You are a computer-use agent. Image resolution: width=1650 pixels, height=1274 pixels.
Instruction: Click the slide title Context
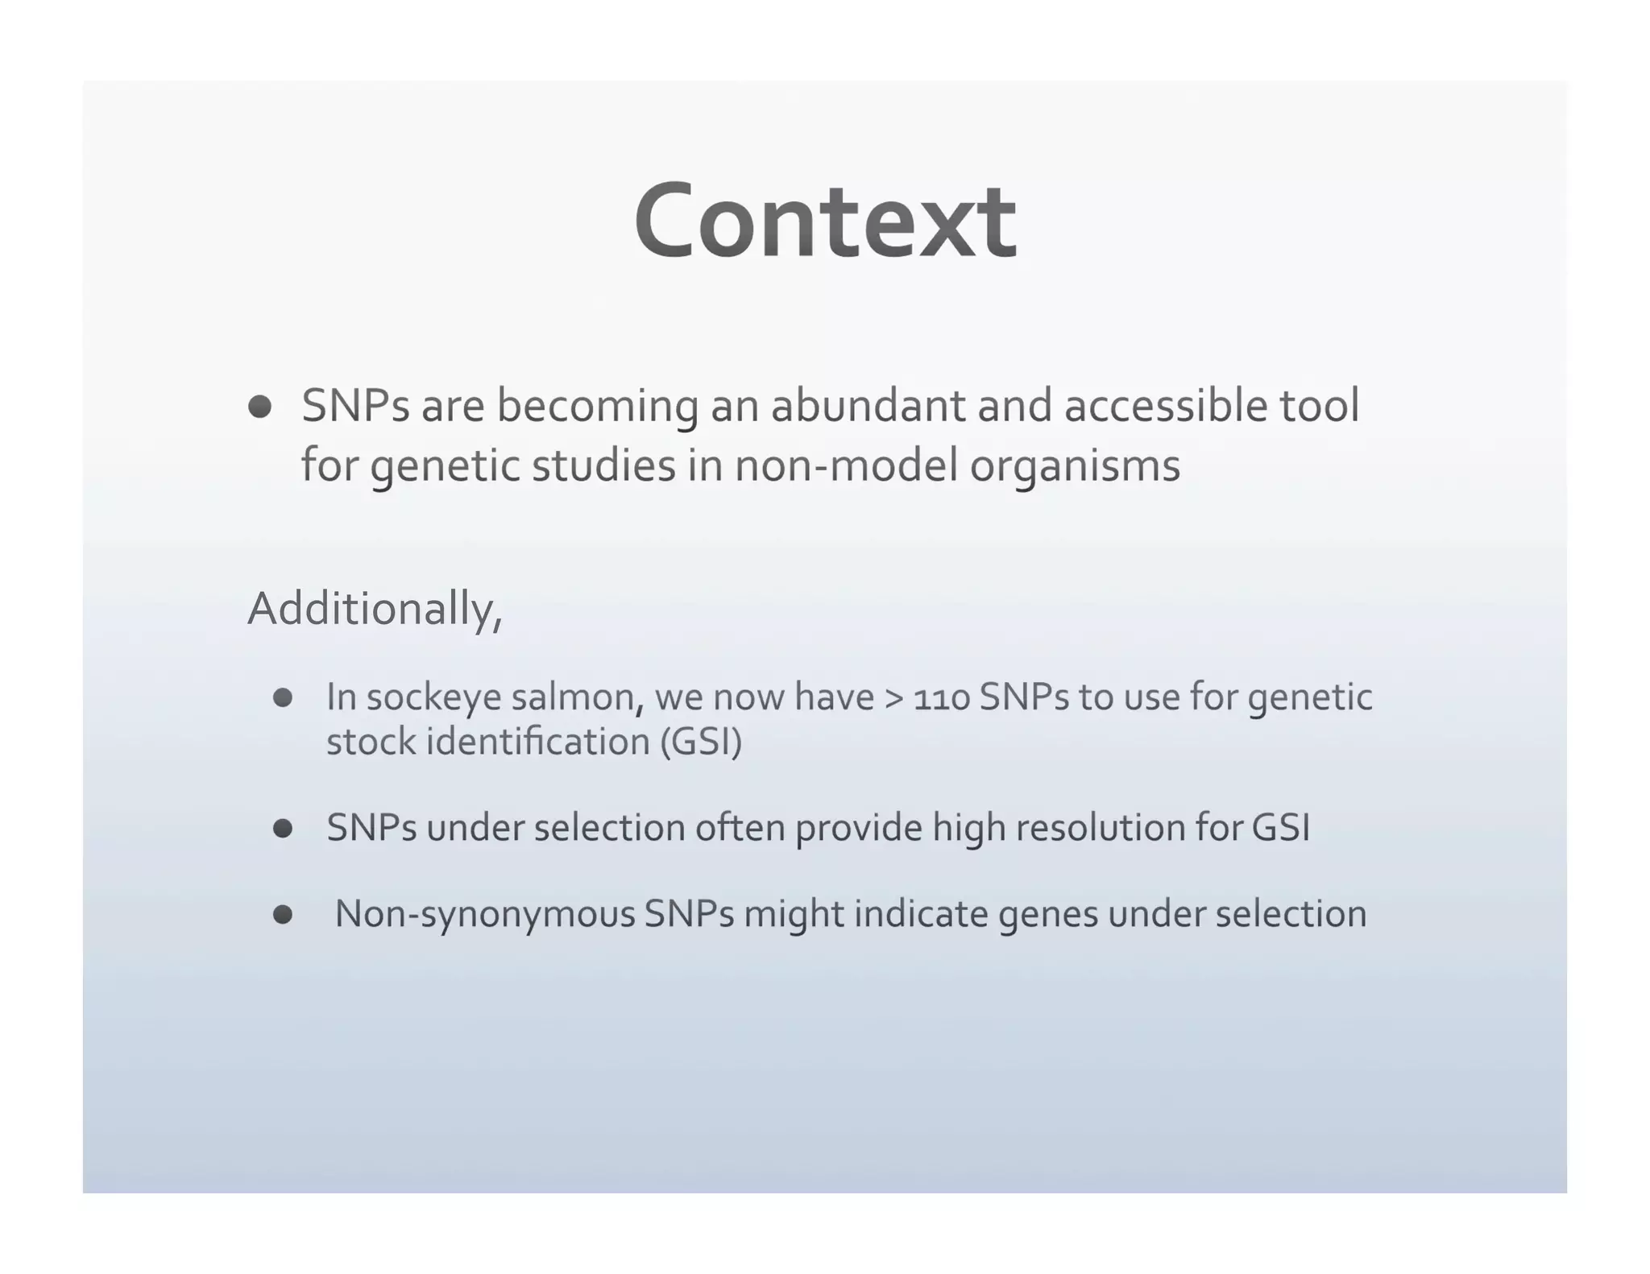[x=825, y=221]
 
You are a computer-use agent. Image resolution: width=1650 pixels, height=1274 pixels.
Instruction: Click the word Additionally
[x=374, y=609]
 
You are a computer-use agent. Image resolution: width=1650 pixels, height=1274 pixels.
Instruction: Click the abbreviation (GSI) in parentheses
[x=700, y=742]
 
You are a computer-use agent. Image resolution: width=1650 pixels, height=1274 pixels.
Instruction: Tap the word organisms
[x=1075, y=467]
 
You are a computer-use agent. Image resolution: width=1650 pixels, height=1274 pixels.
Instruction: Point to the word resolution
[x=1100, y=828]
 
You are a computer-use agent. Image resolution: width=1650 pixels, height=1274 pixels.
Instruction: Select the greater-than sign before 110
[x=893, y=698]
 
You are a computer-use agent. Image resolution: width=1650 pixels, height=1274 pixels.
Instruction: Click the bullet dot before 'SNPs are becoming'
[x=259, y=407]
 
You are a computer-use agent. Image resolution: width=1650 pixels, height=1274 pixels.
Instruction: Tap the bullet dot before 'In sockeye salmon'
[x=283, y=697]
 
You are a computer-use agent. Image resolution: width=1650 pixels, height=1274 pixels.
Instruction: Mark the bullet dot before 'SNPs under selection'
[x=283, y=828]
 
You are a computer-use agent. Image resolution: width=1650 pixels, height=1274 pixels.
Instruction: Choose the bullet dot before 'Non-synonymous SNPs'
[x=283, y=914]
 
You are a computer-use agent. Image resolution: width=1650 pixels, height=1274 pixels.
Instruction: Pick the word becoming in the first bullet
[x=597, y=407]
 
